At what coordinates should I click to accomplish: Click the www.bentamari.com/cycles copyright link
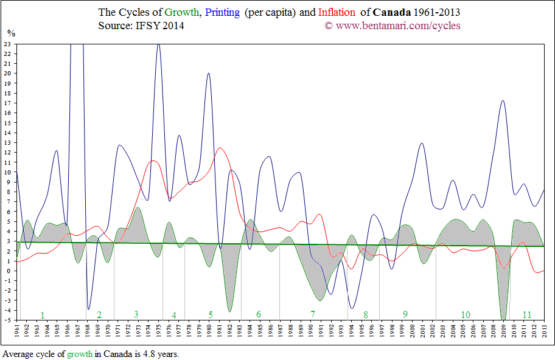[x=397, y=26]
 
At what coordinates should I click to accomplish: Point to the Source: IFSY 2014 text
[x=141, y=26]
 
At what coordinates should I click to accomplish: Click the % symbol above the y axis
[x=10, y=33]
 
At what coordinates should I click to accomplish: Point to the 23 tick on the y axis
[x=8, y=44]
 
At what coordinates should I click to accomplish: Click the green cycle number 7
[x=313, y=314]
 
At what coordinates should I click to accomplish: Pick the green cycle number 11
[x=527, y=314]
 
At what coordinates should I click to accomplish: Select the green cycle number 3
[x=136, y=314]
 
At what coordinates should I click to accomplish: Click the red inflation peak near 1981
[x=220, y=148]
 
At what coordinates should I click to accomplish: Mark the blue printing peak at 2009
[x=503, y=101]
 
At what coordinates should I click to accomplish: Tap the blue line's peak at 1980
[x=209, y=74]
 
